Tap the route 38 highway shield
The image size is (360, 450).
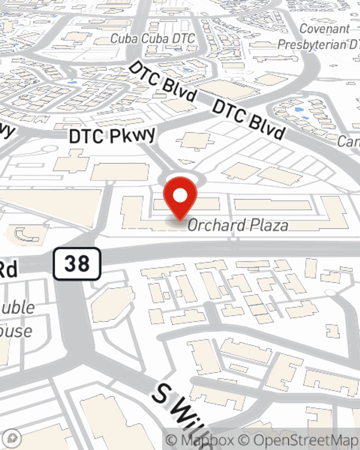[x=77, y=264]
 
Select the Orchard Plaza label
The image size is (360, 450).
[x=238, y=225]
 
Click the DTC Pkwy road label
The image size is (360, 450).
[x=112, y=136]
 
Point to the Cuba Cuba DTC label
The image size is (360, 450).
[x=152, y=39]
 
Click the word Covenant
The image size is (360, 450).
[x=324, y=29]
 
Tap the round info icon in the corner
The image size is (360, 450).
[x=13, y=438]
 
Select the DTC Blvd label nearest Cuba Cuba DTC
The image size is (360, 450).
[x=163, y=82]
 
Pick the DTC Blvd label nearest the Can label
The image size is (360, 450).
[x=249, y=120]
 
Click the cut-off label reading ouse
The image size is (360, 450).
[x=16, y=331]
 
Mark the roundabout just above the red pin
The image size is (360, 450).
[x=182, y=178]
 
